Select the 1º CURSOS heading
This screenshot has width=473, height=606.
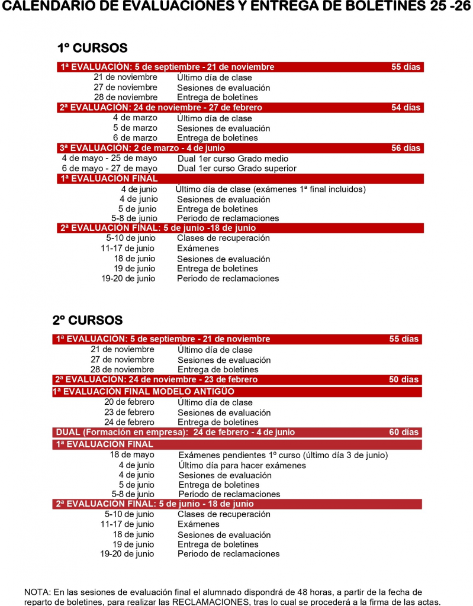point(92,48)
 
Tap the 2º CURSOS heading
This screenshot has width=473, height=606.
point(88,320)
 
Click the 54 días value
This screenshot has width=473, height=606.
point(406,108)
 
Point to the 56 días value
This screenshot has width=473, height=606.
point(406,148)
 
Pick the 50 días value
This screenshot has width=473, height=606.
point(404,379)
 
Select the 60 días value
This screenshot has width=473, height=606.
point(404,432)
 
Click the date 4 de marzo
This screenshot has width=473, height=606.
point(135,118)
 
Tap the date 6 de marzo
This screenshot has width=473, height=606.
point(135,137)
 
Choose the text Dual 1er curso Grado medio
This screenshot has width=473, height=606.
point(233,159)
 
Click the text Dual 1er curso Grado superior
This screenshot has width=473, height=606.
point(237,168)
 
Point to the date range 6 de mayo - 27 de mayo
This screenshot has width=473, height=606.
point(110,168)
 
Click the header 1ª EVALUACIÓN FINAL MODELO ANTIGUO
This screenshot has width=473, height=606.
point(143,392)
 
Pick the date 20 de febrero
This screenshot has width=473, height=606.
point(129,402)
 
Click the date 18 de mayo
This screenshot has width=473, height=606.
point(132,454)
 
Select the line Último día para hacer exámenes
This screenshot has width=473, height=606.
point(242,465)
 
